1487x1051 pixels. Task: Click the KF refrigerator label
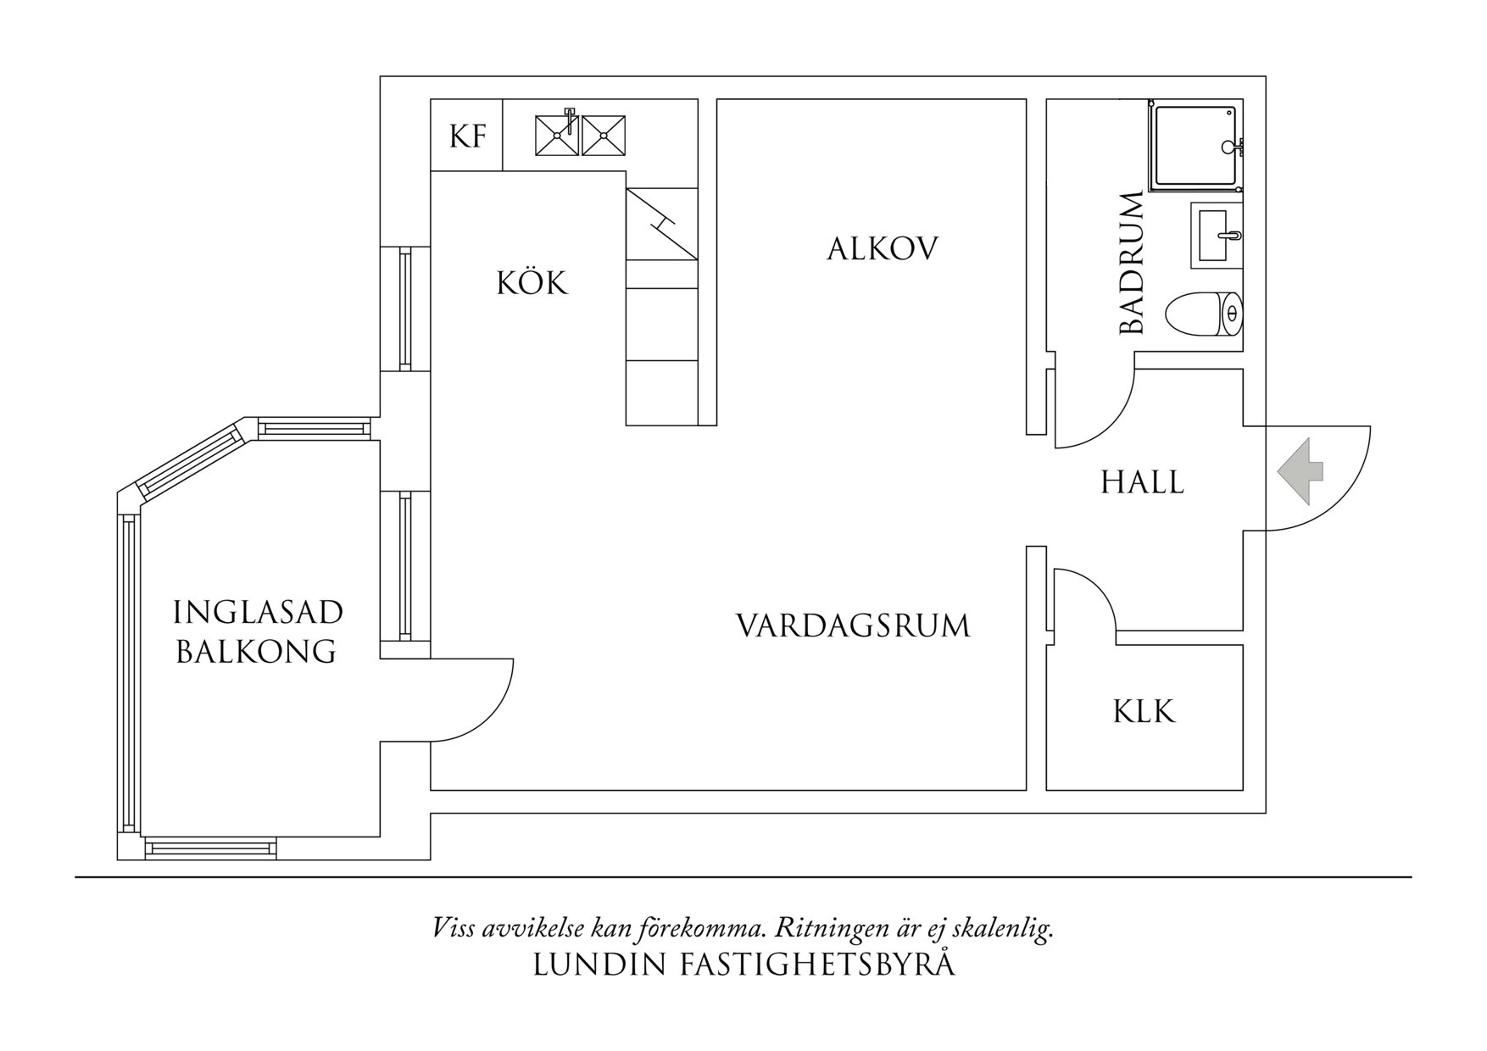pos(467,136)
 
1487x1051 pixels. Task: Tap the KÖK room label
pos(532,282)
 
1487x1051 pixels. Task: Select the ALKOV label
pos(883,248)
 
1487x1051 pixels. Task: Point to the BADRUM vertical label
pos(1132,264)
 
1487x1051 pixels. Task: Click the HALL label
pos(1142,482)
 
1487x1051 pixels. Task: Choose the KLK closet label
pos(1144,712)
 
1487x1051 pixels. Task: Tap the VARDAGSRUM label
pos(852,626)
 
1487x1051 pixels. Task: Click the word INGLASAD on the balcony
pos(258,611)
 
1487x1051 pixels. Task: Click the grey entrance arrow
pos(1300,474)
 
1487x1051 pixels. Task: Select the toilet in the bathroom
pos(1204,314)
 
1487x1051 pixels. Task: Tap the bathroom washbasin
pos(1217,235)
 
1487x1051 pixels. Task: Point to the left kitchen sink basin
pos(556,136)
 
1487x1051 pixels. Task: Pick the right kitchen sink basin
pos(604,136)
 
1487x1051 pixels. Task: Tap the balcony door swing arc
pos(492,712)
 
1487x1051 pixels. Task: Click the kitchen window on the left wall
pos(405,309)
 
